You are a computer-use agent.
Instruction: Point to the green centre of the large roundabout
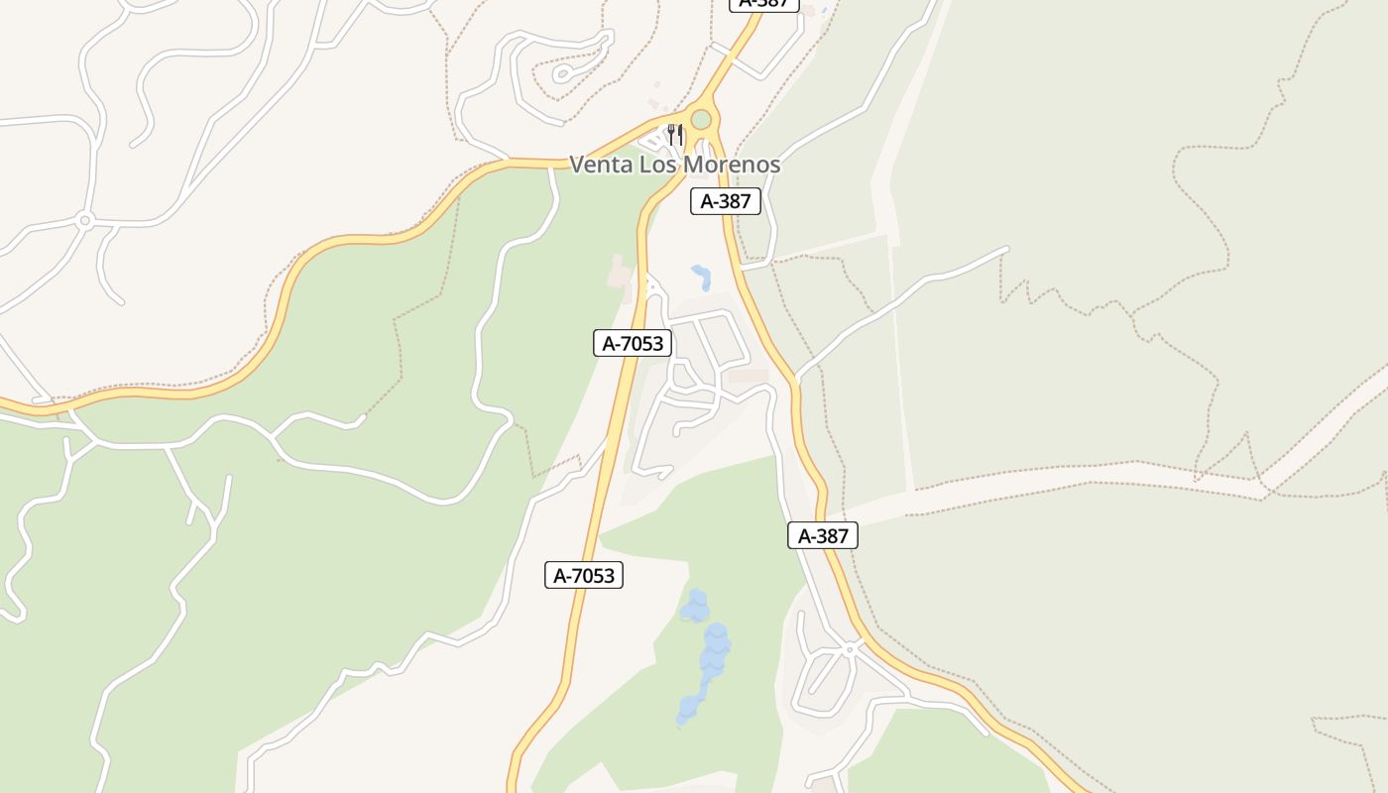coord(701,120)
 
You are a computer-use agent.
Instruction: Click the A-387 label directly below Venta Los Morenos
coord(726,201)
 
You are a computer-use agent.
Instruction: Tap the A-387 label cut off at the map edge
coord(763,3)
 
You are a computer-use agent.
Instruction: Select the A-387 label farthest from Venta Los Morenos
coord(823,535)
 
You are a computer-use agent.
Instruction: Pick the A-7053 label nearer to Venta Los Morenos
coord(633,343)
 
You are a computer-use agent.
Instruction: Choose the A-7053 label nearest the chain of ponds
coord(584,575)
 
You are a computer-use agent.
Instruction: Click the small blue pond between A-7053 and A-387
coord(702,277)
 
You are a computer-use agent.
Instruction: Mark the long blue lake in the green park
coord(708,669)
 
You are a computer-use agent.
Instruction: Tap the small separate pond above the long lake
coord(695,604)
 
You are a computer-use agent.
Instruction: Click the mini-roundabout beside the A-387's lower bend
coord(850,649)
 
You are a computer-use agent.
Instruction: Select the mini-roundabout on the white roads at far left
coord(85,220)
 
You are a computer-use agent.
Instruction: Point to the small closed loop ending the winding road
coord(562,73)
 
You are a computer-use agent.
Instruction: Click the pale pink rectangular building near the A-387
coord(749,377)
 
